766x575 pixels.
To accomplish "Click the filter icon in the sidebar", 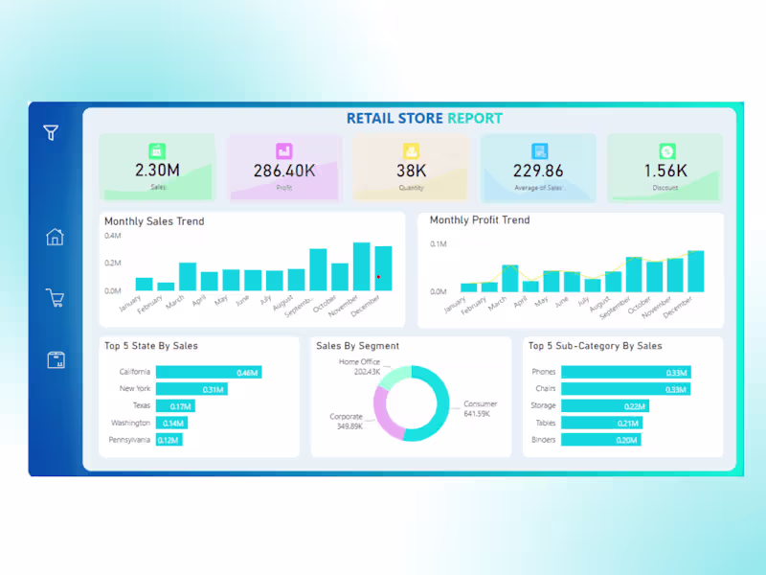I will coord(51,133).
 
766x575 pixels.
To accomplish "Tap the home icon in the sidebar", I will coord(56,237).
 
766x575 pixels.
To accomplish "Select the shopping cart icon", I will coord(56,298).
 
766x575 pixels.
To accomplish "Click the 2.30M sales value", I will coord(157,172).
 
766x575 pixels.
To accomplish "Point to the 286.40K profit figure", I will coord(284,172).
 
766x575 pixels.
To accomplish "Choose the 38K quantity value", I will coord(411,172).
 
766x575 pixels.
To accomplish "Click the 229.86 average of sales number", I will coord(538,172).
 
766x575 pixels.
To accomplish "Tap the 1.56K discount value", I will coord(665,172).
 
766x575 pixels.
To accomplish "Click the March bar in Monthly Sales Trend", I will coord(188,277).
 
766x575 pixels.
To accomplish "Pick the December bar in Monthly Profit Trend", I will coord(695,271).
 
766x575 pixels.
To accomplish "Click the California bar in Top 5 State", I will coord(208,372).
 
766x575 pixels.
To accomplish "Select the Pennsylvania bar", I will coord(169,440).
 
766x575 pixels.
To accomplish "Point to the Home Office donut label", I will coord(359,366).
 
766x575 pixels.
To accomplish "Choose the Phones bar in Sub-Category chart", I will coord(626,372).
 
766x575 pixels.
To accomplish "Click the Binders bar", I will coord(600,440).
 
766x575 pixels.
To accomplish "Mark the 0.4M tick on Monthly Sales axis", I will coord(113,236).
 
